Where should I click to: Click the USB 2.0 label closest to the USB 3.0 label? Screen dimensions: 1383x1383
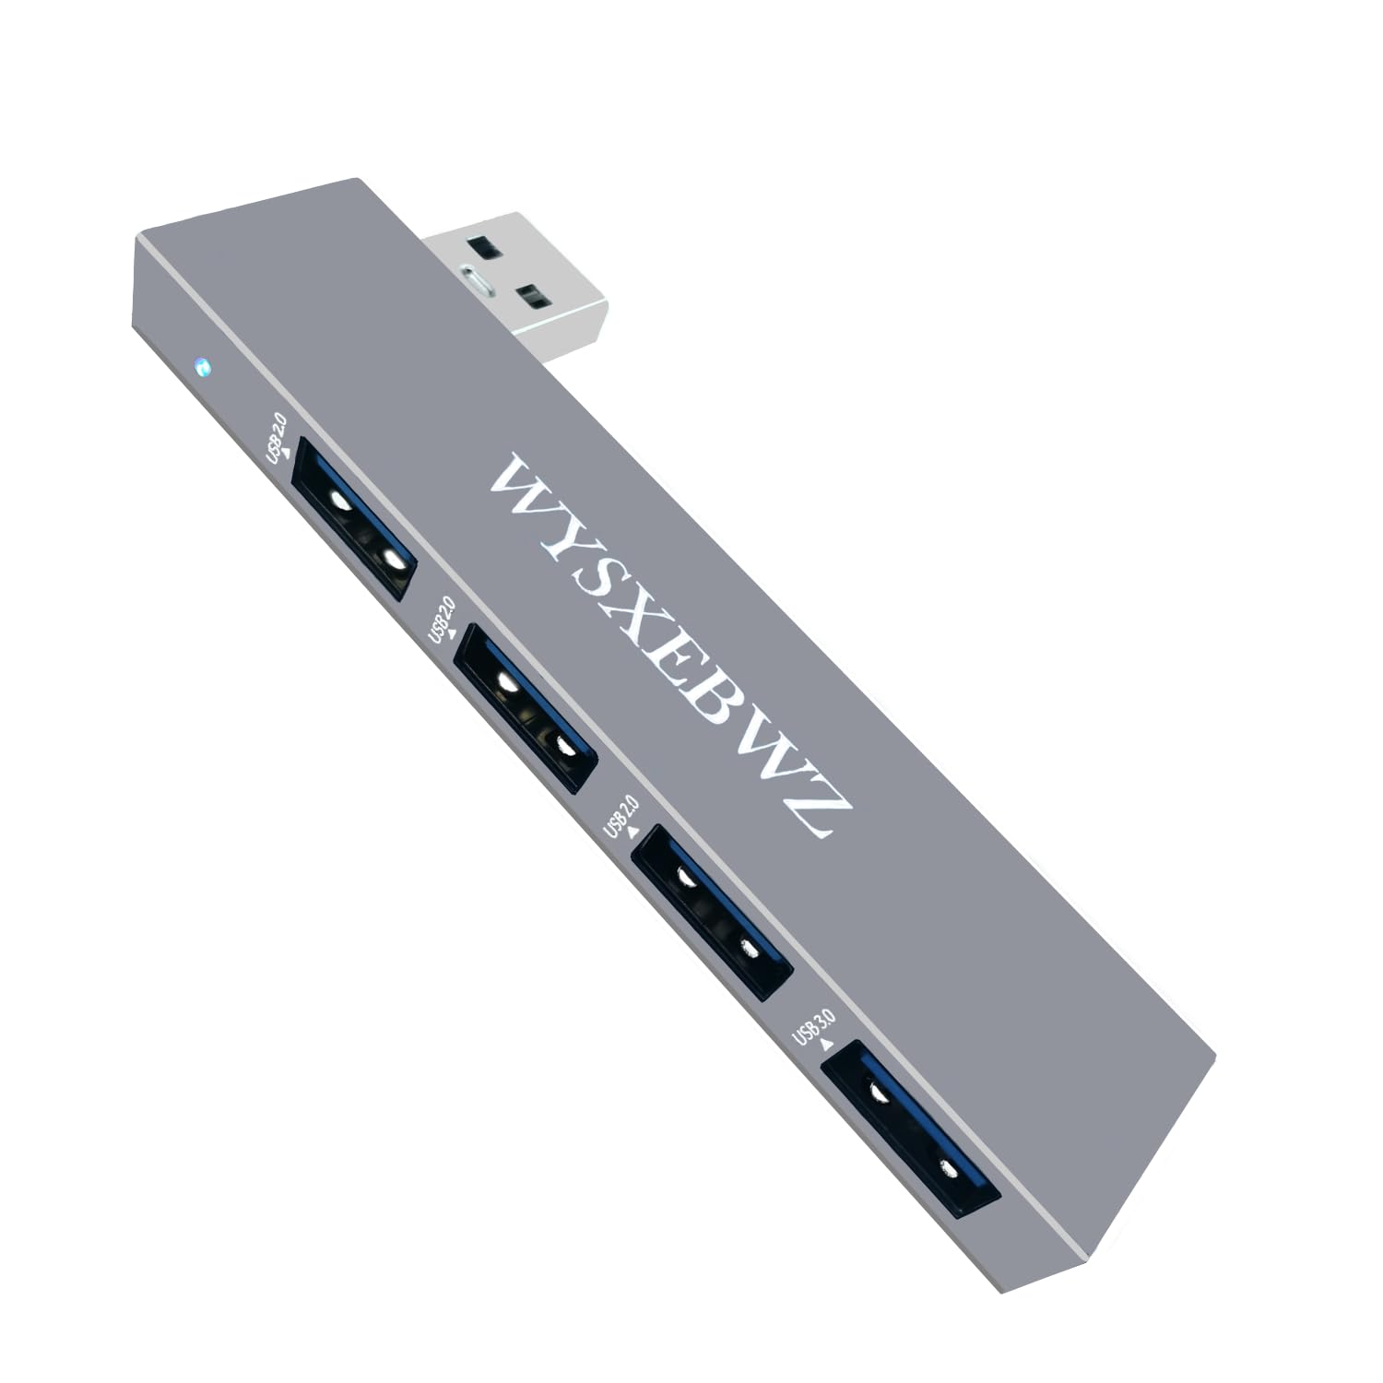[619, 813]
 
